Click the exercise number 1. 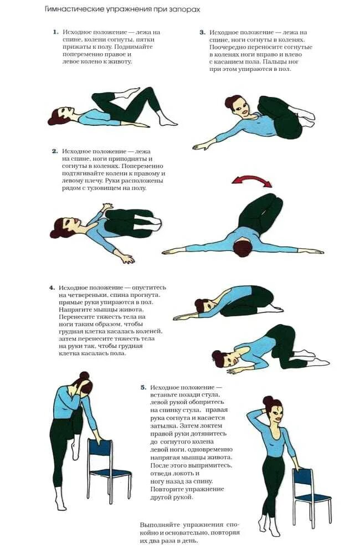point(55,33)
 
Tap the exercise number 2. point(55,151)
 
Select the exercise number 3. point(202,33)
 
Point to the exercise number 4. point(52,288)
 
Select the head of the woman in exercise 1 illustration point(57,117)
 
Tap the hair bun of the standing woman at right point(268,400)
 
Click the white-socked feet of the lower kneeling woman point(316,360)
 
